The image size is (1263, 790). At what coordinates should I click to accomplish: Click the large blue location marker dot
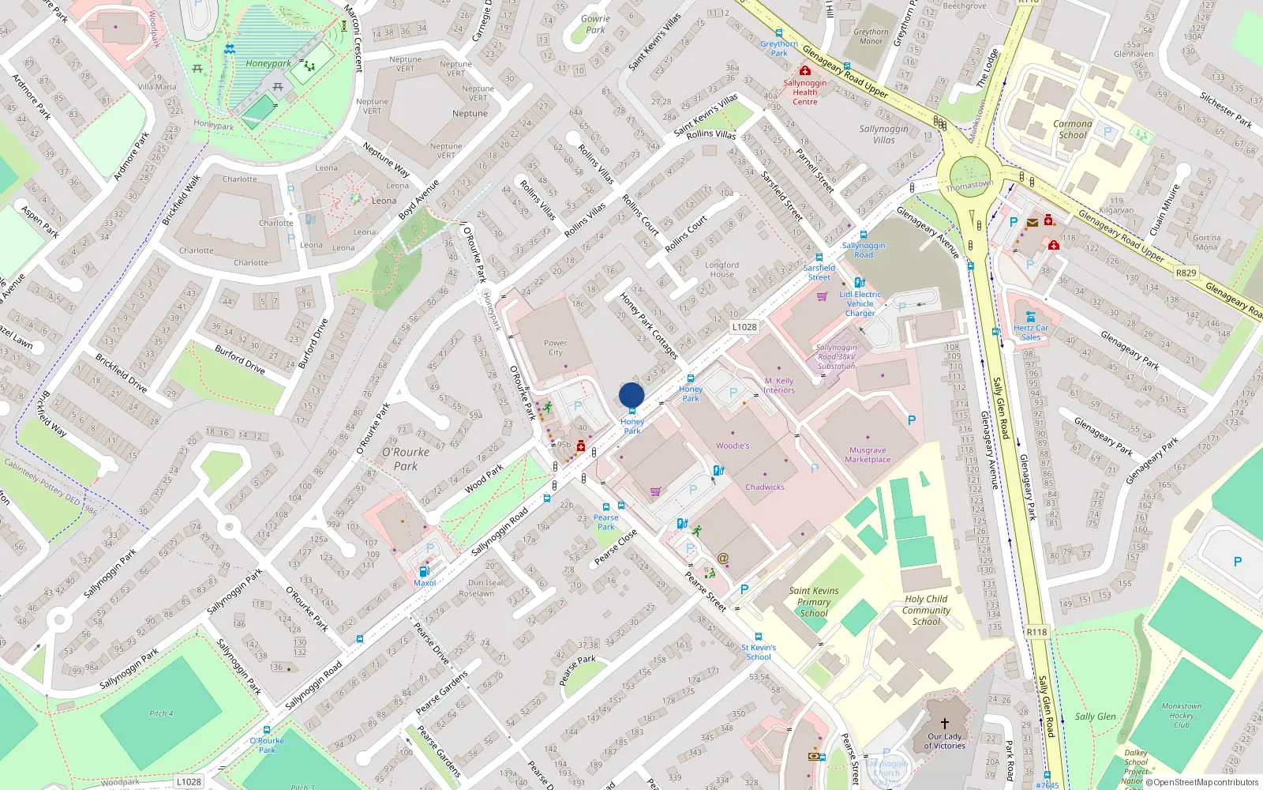pyautogui.click(x=631, y=395)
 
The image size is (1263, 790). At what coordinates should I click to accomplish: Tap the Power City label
pyautogui.click(x=555, y=348)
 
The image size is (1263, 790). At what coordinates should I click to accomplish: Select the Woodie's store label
pyautogui.click(x=733, y=446)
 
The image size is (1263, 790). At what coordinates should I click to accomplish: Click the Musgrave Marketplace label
pyautogui.click(x=868, y=454)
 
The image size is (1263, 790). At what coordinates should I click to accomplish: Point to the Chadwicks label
pyautogui.click(x=765, y=487)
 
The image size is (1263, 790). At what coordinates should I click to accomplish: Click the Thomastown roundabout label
pyautogui.click(x=970, y=186)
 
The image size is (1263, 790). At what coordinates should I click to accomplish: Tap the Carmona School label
pyautogui.click(x=1073, y=129)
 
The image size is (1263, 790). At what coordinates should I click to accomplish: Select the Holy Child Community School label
pyautogui.click(x=926, y=610)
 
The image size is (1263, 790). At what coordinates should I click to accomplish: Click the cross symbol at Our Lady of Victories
pyautogui.click(x=945, y=723)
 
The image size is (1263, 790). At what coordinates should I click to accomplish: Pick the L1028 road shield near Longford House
pyautogui.click(x=744, y=326)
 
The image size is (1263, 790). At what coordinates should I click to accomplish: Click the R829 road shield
pyautogui.click(x=1186, y=273)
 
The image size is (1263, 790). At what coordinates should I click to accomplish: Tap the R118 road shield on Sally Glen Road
pyautogui.click(x=1036, y=632)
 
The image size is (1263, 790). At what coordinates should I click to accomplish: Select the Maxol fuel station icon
pyautogui.click(x=424, y=572)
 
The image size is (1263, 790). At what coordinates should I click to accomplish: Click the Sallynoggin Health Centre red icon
pyautogui.click(x=805, y=71)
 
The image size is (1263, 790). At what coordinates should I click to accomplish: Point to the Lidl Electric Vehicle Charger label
pyautogui.click(x=860, y=303)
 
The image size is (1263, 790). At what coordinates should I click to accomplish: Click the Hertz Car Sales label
pyautogui.click(x=1031, y=332)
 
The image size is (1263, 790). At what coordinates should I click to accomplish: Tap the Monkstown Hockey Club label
pyautogui.click(x=1182, y=715)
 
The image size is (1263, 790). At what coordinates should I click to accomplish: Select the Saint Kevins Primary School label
pyautogui.click(x=814, y=601)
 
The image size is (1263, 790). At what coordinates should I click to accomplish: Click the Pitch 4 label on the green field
pyautogui.click(x=161, y=713)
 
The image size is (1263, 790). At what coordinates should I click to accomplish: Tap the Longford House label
pyautogui.click(x=721, y=269)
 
